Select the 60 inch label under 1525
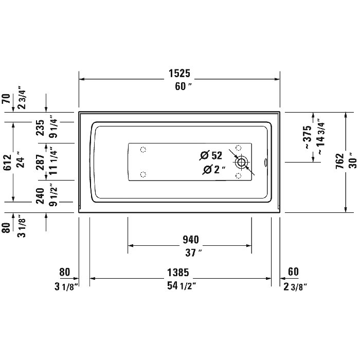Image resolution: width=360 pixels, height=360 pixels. tap(179, 86)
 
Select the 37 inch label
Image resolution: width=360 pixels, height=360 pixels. tap(190, 252)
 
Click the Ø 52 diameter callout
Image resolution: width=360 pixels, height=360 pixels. tap(211, 155)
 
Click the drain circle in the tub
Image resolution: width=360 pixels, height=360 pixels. tap(241, 162)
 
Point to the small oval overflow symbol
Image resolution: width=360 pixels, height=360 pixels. tap(265, 163)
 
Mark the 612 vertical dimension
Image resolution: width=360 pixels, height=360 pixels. tap(7, 160)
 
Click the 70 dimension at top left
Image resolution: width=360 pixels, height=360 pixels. tap(7, 99)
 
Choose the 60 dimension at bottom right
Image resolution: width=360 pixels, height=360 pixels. tap(294, 272)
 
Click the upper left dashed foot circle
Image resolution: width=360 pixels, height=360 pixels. tap(143, 150)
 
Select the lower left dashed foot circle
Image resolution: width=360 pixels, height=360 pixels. tap(143, 174)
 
